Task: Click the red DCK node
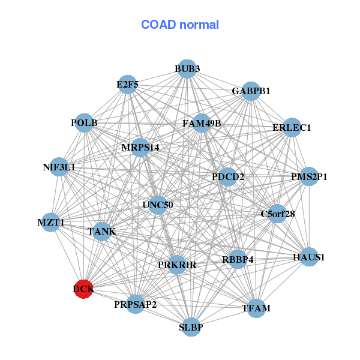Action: click(84, 289)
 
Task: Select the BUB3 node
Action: click(187, 69)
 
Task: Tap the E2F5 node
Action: click(128, 85)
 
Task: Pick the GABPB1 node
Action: click(251, 91)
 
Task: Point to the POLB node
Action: click(84, 123)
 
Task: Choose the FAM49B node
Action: click(202, 123)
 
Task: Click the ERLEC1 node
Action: click(292, 127)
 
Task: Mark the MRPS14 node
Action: click(140, 148)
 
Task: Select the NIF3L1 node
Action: click(59, 167)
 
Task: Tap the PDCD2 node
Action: click(227, 177)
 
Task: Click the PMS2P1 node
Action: click(309, 176)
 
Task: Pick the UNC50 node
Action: click(158, 205)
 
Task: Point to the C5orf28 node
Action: click(277, 214)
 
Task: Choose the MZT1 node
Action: click(51, 222)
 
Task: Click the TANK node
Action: click(102, 232)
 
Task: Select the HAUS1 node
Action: click(309, 257)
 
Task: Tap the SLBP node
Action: click(191, 327)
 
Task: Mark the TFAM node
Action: click(256, 308)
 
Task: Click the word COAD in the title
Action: click(158, 25)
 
